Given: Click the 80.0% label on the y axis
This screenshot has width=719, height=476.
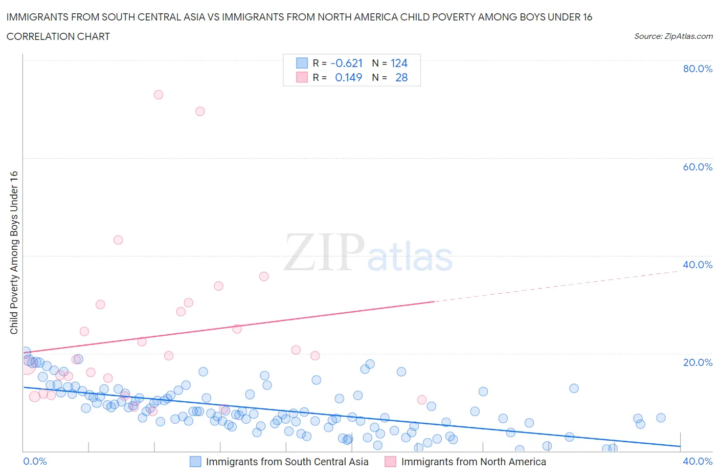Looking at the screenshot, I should click(698, 69).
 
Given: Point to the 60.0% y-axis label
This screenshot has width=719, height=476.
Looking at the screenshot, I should click(698, 167).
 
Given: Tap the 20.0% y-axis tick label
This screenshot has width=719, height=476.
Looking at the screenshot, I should click(698, 362).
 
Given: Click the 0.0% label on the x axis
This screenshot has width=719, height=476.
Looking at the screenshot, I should click(35, 461).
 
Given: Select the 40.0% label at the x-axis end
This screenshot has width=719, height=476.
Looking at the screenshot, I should click(698, 461).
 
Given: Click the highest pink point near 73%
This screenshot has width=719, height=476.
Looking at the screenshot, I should click(159, 95).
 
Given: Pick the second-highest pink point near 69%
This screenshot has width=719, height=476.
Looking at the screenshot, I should click(200, 111).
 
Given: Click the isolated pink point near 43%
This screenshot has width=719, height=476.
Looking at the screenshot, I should click(118, 240).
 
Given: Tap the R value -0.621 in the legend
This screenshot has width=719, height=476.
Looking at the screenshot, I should click(347, 63).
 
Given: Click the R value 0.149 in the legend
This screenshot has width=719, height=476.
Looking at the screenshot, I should click(348, 77).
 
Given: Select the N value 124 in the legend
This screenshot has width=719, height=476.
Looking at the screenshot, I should click(399, 63).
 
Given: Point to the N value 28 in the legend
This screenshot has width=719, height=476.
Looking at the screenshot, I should click(401, 77).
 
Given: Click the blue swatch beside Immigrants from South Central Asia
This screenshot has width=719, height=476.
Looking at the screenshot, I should click(195, 462).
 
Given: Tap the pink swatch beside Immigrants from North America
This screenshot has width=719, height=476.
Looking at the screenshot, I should click(390, 462).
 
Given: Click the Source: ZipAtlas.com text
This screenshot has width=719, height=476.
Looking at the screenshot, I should click(673, 36).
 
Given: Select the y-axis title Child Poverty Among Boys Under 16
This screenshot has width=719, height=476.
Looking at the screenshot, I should click(14, 252).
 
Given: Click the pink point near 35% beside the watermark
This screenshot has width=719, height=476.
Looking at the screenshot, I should click(264, 276).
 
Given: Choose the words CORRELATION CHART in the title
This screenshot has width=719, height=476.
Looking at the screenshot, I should click(58, 36).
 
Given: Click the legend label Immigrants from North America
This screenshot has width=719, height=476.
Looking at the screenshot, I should click(474, 462).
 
